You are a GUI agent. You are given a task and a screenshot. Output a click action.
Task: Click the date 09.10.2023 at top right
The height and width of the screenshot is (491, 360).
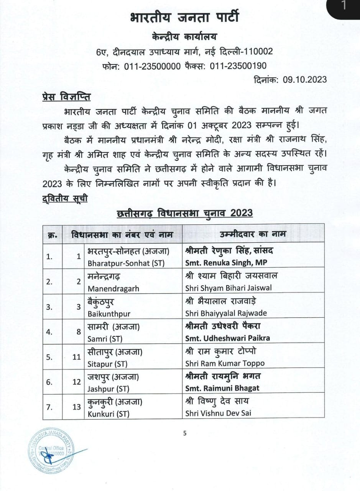[x=305, y=79]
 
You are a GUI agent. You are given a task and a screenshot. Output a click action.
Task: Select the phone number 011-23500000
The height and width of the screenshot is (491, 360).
[x=153, y=66]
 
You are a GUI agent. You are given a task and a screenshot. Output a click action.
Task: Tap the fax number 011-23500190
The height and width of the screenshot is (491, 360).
[x=238, y=66]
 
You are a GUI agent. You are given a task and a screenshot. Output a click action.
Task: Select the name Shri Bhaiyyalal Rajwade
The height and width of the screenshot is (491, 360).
[x=226, y=313]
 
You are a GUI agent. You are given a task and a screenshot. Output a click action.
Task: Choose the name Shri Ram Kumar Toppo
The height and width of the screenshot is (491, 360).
[x=225, y=363]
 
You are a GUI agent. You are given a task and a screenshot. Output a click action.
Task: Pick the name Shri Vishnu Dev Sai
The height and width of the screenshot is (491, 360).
[x=218, y=413]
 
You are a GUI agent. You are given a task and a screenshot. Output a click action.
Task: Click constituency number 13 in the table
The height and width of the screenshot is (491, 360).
[x=76, y=407]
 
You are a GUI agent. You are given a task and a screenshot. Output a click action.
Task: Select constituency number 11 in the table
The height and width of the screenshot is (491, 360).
[x=76, y=357]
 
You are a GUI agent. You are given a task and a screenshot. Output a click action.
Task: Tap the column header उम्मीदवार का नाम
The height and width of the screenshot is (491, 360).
[x=253, y=234]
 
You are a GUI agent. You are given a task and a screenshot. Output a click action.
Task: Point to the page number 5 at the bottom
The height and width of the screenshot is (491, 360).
[x=185, y=433]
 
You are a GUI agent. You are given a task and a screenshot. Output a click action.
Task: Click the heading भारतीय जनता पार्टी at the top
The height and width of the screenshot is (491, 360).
[x=184, y=18]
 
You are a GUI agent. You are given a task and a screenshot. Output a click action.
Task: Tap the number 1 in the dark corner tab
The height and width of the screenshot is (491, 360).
[x=344, y=6]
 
